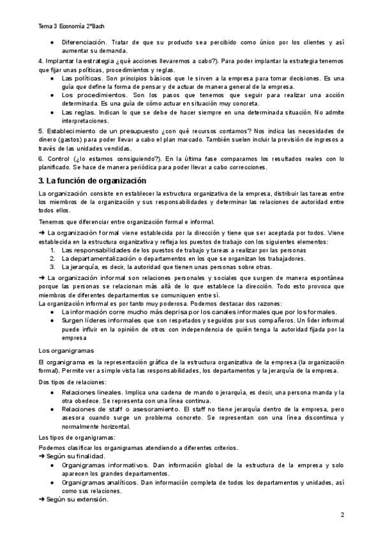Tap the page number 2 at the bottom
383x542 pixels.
coord(342,515)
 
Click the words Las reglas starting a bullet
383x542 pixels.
coord(77,112)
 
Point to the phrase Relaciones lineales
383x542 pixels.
coord(89,392)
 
